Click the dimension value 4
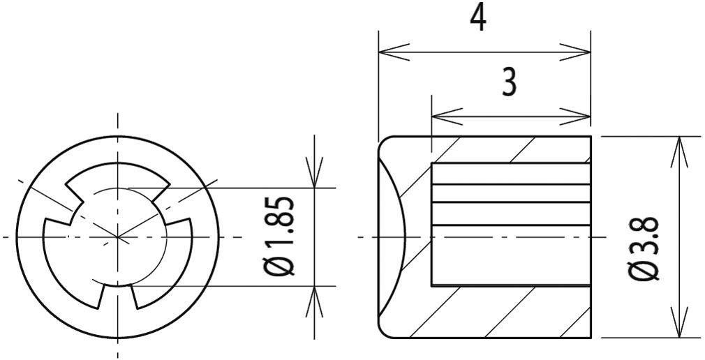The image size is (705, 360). point(477,17)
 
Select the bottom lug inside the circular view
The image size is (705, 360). point(119,297)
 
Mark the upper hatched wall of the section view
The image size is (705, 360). point(510,150)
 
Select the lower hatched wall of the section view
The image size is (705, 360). point(510,311)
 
